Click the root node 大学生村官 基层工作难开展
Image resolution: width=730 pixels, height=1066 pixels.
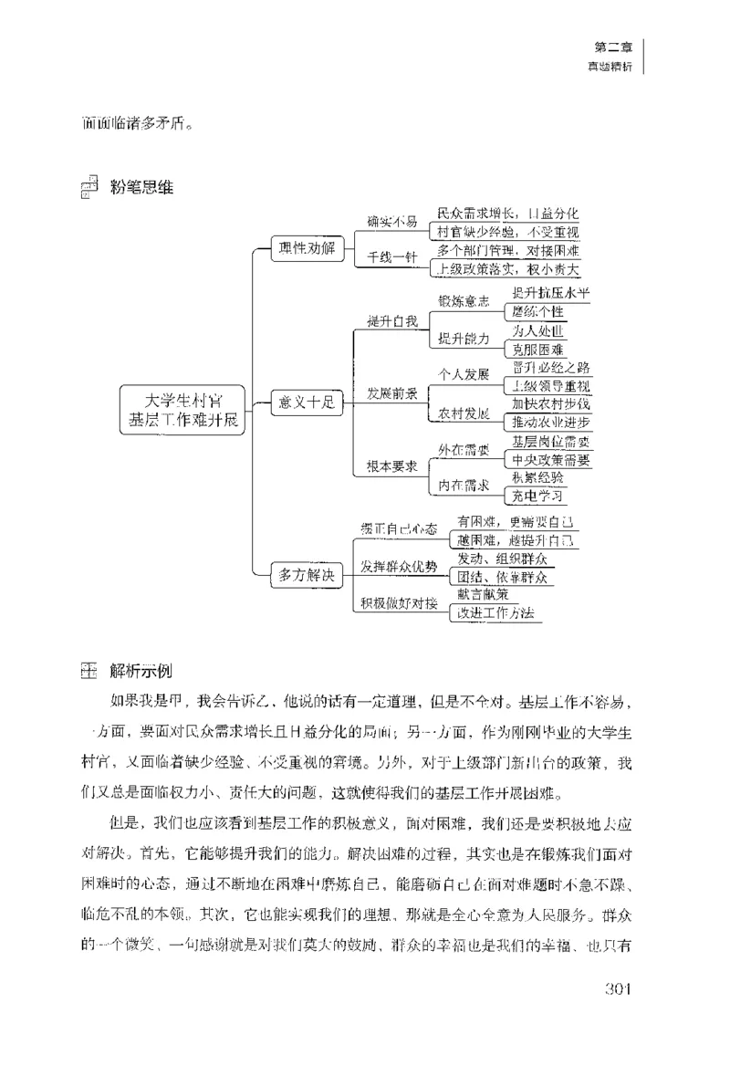coord(183,410)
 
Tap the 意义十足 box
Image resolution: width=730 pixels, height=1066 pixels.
coord(306,402)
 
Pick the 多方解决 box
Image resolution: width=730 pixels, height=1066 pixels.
coord(306,575)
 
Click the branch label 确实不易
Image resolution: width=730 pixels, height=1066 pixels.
coord(391,221)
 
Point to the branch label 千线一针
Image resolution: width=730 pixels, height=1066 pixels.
coord(391,258)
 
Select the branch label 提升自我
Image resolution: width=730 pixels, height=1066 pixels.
coord(391,320)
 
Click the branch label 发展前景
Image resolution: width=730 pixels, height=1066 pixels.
coord(392,393)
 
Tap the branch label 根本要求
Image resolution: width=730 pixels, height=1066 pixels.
coord(392,466)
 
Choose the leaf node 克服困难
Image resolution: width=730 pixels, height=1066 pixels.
coord(537,350)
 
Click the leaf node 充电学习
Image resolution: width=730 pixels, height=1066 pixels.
coord(537,496)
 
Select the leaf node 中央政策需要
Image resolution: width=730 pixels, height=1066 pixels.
coord(550,459)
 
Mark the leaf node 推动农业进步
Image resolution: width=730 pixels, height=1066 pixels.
coord(550,422)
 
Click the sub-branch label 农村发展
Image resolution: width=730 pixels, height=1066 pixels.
coord(464,412)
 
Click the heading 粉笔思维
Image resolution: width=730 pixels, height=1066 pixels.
coord(141,189)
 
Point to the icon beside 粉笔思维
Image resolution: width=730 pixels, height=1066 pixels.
coord(89,186)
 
